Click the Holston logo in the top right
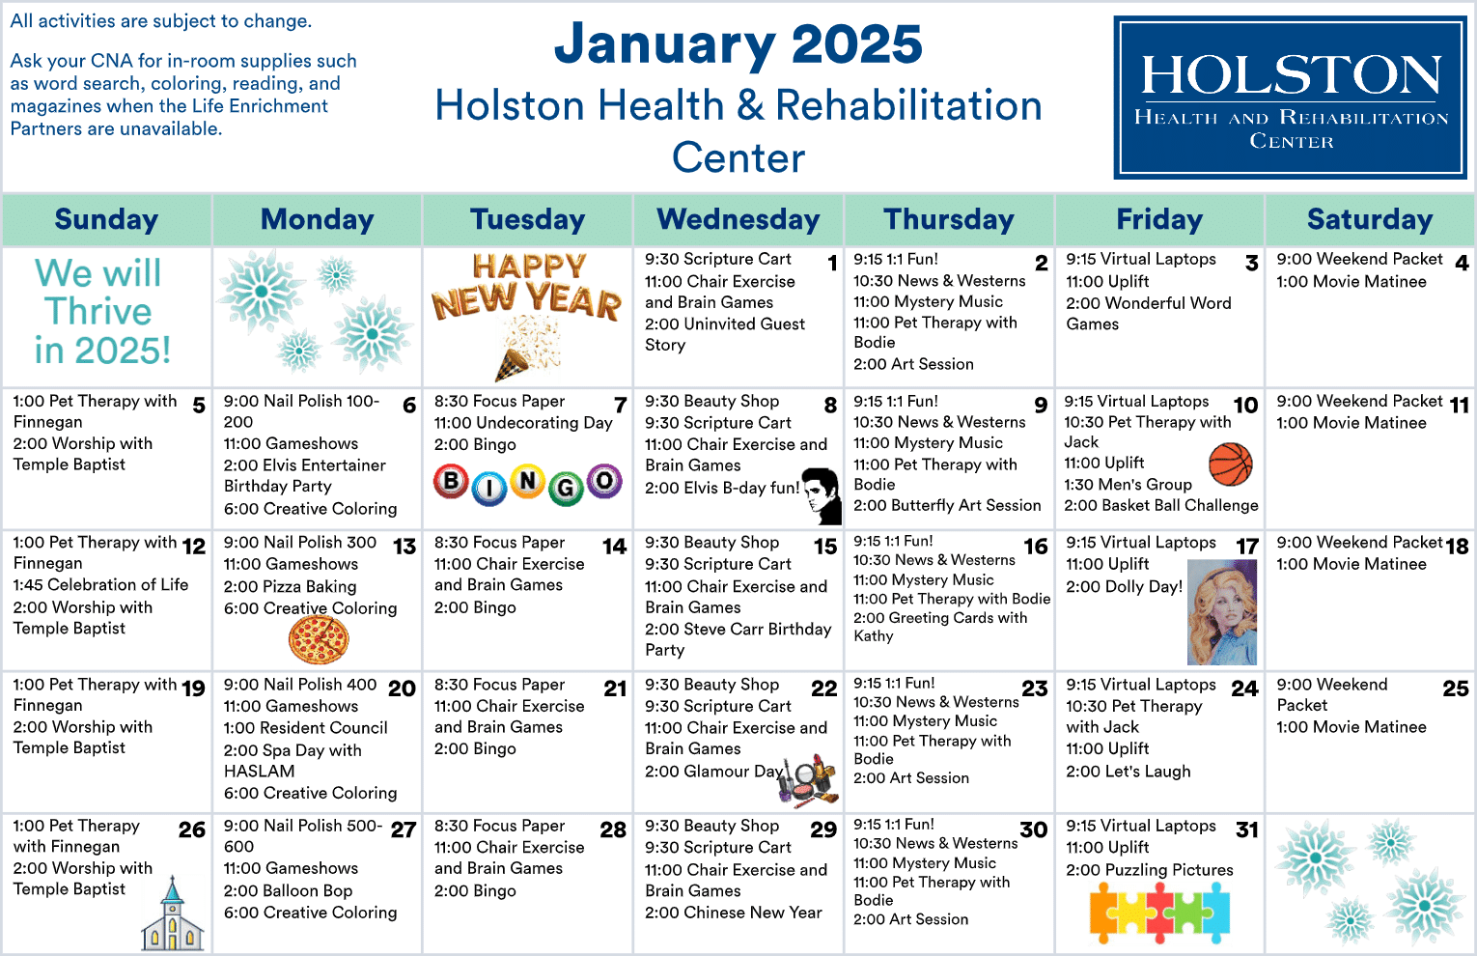point(1291,98)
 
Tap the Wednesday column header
point(738,220)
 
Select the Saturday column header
point(1370,220)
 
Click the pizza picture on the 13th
point(319,639)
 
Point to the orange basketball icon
point(1230,464)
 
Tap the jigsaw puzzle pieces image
point(1159,913)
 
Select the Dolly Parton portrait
point(1222,612)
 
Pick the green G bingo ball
point(566,488)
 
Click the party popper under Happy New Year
point(527,351)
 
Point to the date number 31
point(1247,830)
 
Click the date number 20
point(402,689)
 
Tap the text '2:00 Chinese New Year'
point(734,913)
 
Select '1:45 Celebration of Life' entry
point(101,585)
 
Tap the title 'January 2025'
point(738,44)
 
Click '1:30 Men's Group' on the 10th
point(1129,485)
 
